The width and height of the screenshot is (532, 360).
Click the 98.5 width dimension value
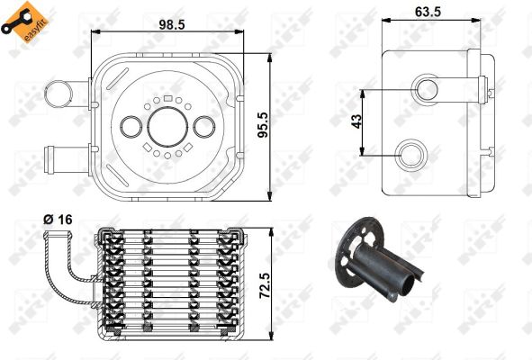pos(172,24)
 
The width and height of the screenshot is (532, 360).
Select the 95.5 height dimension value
pos(263,125)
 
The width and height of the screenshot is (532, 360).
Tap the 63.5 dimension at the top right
pos(428,12)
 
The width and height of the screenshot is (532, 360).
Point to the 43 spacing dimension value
pos(356,121)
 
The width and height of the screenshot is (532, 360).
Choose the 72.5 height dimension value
pos(265,285)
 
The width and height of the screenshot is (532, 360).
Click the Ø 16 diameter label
pos(58,220)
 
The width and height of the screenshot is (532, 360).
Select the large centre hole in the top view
pos(167,127)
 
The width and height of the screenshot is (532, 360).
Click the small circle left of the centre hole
pos(131,127)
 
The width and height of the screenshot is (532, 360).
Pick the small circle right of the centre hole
pos(203,127)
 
